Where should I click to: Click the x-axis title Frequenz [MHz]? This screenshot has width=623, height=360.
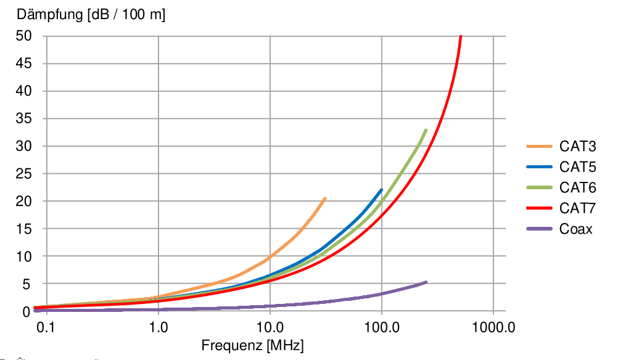[253, 345]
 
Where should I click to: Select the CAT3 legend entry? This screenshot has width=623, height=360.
[578, 147]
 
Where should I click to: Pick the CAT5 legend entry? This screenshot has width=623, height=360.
[578, 167]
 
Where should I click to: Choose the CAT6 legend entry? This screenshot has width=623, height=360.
[578, 187]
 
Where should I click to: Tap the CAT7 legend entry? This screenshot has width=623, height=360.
[578, 208]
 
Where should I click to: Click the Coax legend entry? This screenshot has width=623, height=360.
[576, 229]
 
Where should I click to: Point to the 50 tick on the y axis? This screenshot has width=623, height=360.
[23, 36]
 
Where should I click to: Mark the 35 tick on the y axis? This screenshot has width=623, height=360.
[23, 119]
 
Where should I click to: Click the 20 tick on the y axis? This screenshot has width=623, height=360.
[23, 202]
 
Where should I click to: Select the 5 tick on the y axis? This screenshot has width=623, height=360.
[27, 284]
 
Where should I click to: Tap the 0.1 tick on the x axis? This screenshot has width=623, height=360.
[47, 327]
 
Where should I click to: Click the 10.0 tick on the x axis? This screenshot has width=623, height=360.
[270, 327]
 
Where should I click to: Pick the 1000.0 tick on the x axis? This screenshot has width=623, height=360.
[493, 327]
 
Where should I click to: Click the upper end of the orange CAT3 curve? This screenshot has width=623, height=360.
[325, 198]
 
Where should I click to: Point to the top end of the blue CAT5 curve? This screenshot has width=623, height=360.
[382, 190]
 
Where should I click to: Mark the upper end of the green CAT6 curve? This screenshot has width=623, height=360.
[426, 130]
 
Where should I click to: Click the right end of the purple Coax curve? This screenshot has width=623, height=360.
[426, 282]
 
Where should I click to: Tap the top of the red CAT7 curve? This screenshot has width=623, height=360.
[461, 36]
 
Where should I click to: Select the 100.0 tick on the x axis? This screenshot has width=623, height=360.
[382, 327]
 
